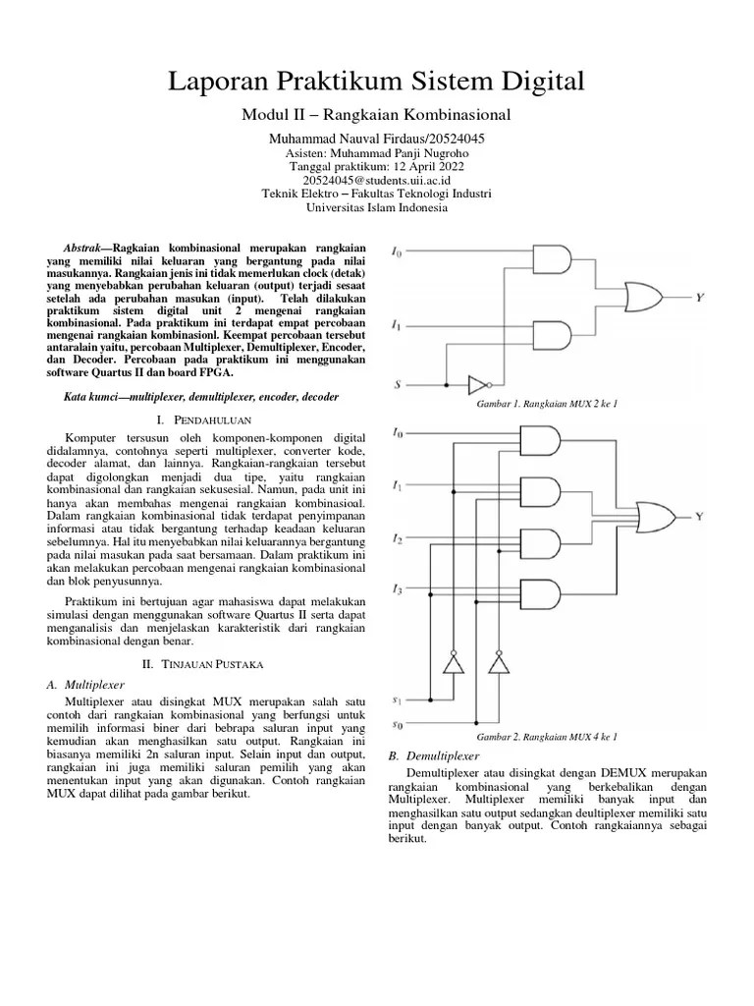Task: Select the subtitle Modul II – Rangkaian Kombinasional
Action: pyautogui.click(x=376, y=116)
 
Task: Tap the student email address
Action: pyautogui.click(x=376, y=181)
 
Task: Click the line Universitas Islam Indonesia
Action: pyautogui.click(x=376, y=207)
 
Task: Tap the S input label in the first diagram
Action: pyautogui.click(x=397, y=385)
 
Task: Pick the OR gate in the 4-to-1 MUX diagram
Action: pyautogui.click(x=655, y=514)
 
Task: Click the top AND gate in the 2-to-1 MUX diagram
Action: pyautogui.click(x=552, y=259)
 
